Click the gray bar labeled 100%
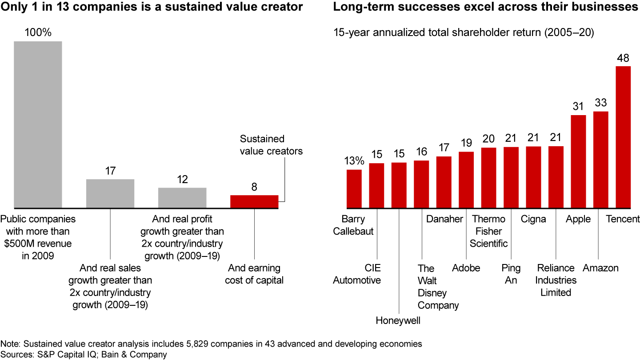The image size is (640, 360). click(38, 124)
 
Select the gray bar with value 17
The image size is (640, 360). click(110, 193)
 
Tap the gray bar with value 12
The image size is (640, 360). click(182, 198)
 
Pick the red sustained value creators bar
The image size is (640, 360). click(254, 201)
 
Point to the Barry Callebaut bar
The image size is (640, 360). click(354, 188)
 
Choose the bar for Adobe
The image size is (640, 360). click(466, 180)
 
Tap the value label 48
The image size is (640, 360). click(623, 58)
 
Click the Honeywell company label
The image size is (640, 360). click(399, 320)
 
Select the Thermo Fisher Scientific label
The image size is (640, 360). click(488, 231)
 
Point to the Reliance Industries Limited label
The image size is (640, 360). click(556, 280)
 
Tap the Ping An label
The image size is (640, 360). click(511, 274)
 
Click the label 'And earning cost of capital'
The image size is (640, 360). click(254, 274)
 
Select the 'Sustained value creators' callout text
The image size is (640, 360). click(271, 145)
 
